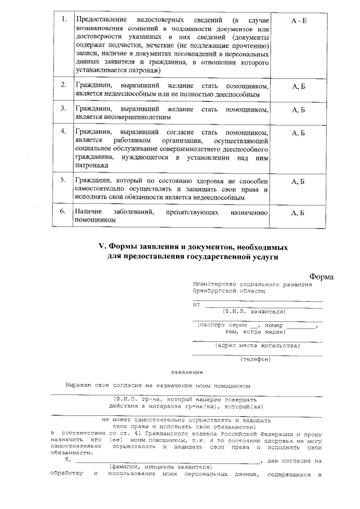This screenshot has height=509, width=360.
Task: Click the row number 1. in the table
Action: [x=64, y=20]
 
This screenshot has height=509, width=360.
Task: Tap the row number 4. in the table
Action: [x=63, y=131]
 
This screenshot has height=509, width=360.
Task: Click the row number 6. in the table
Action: [x=62, y=211]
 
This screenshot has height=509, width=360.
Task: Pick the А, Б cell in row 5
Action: [x=298, y=182]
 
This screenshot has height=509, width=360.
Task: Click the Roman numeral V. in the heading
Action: [x=103, y=247]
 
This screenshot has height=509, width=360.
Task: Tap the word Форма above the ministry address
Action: [x=321, y=277]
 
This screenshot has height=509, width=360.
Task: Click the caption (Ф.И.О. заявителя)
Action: [x=254, y=312]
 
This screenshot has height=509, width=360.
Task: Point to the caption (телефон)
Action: [x=255, y=359]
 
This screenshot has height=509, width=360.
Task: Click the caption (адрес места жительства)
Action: [x=257, y=346]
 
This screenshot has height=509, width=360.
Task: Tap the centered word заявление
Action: [x=187, y=373]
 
